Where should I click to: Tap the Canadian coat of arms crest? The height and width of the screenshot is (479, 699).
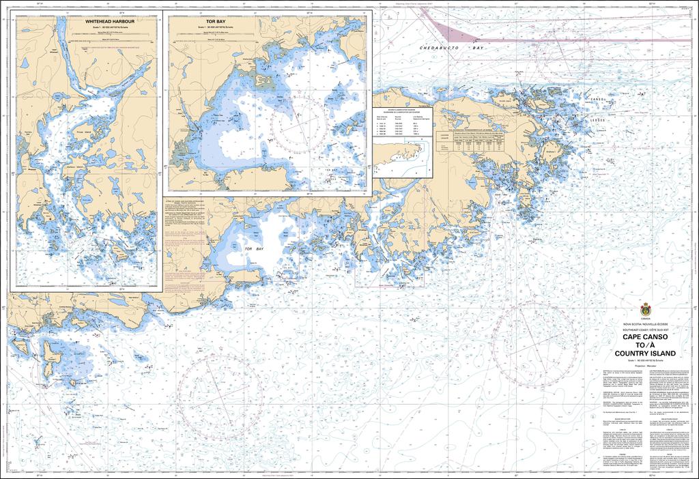645,308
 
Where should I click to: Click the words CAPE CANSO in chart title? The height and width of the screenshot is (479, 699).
645,336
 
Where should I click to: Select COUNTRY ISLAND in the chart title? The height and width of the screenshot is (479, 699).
645,353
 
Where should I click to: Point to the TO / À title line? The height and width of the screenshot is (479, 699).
645,345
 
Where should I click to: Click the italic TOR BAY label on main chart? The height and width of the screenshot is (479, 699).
254,250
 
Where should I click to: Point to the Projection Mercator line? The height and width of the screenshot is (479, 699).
645,366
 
